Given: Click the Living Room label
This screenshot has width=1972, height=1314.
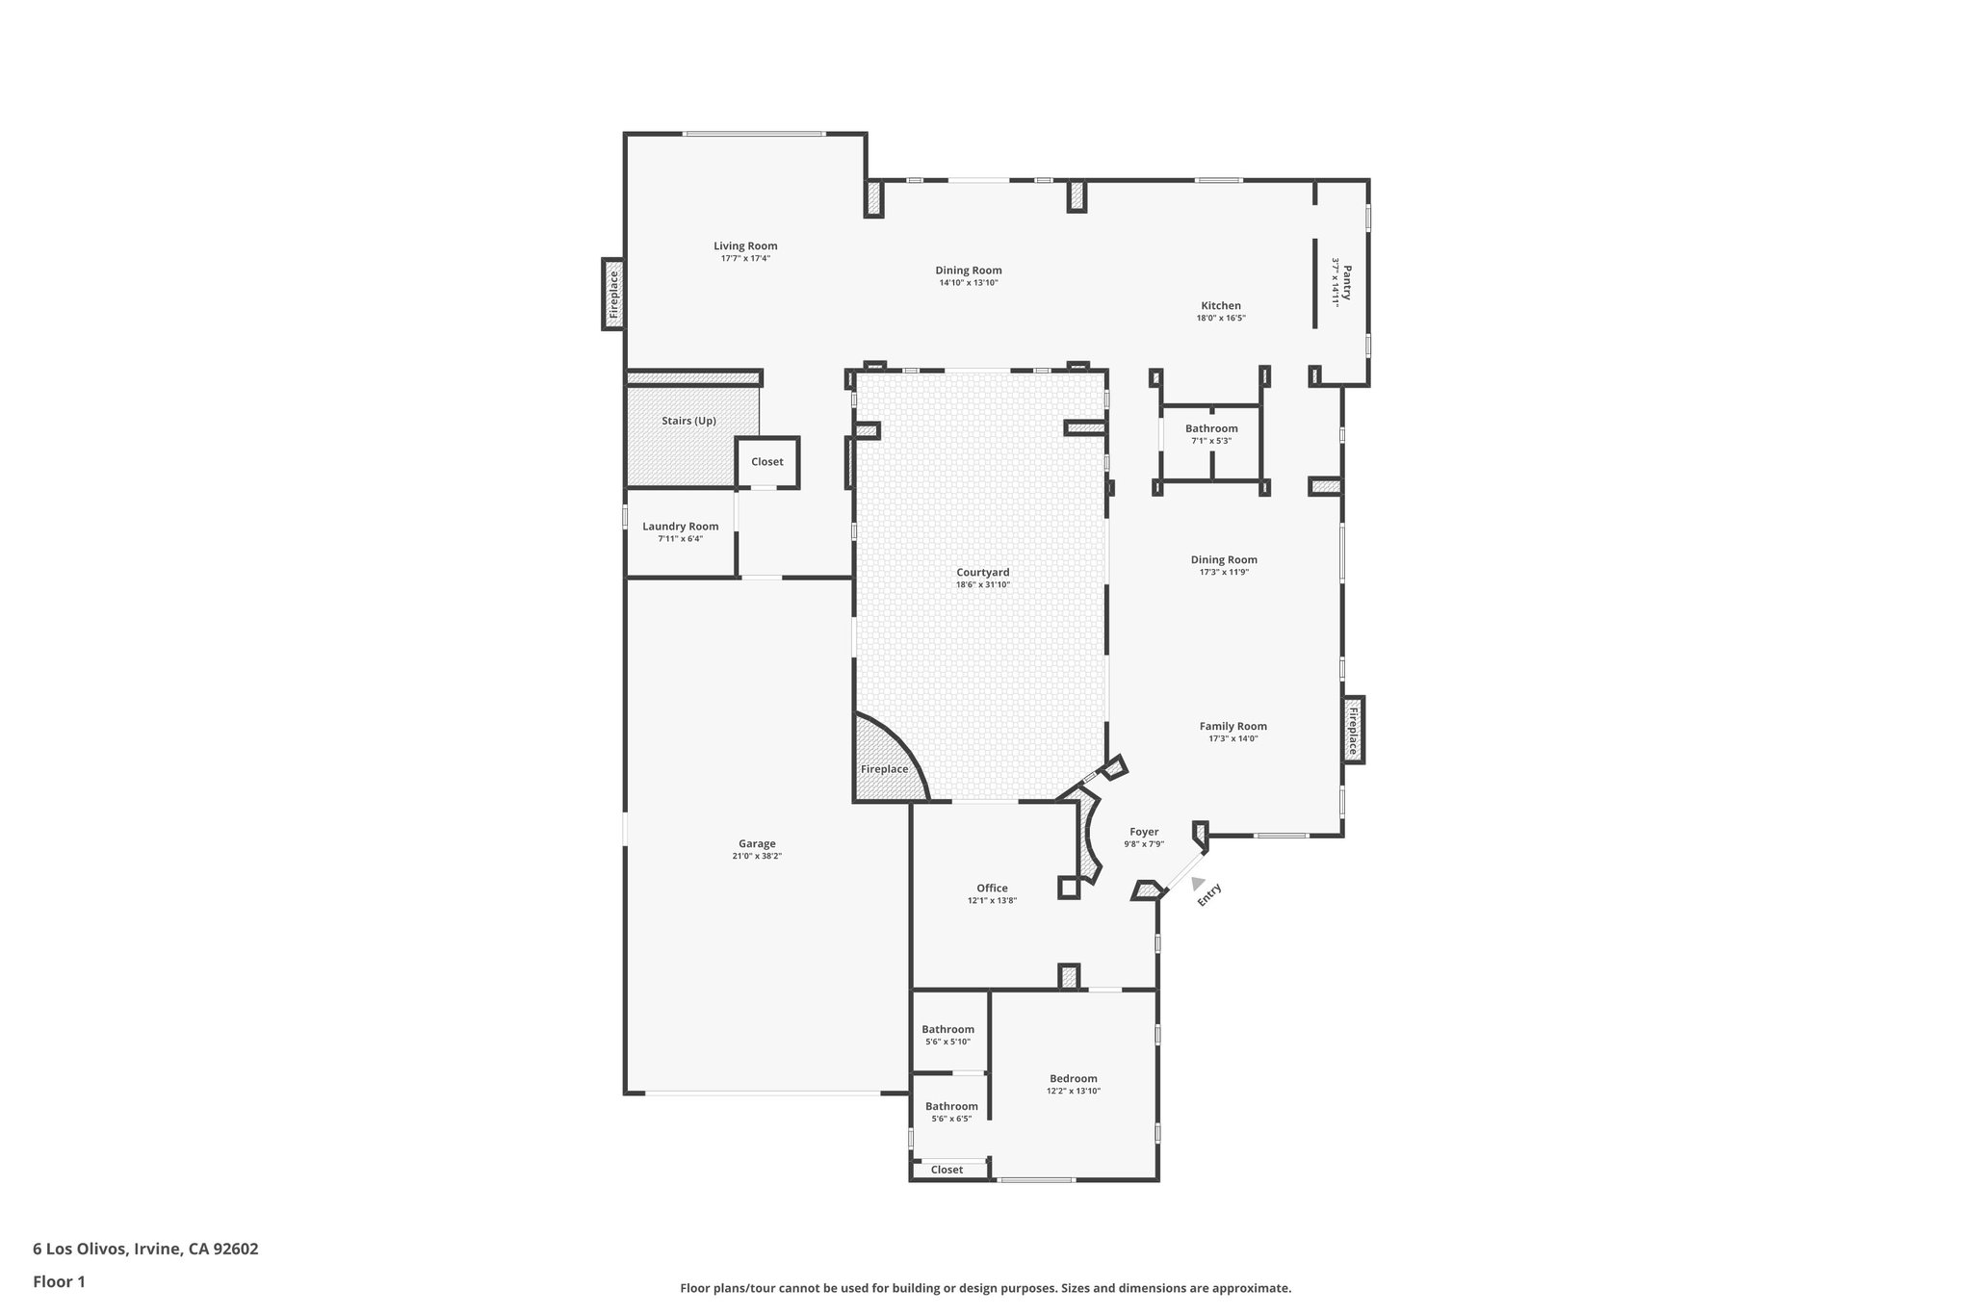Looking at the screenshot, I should pyautogui.click(x=745, y=245).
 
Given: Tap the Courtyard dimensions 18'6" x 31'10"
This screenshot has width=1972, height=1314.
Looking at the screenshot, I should pyautogui.click(x=982, y=584).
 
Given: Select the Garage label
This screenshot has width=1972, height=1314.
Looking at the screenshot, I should pyautogui.click(x=757, y=843).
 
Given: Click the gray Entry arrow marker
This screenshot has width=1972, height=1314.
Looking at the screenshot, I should pyautogui.click(x=1197, y=883).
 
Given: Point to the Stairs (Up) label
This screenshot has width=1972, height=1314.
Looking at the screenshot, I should pyautogui.click(x=688, y=421).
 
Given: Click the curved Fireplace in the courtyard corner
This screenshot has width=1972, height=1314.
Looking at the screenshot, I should pyautogui.click(x=884, y=768).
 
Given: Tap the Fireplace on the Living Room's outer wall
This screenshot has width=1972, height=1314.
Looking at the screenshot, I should pyautogui.click(x=613, y=294).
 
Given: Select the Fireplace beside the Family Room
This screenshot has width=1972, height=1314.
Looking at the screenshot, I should pyautogui.click(x=1353, y=730).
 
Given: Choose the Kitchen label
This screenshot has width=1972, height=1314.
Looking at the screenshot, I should pyautogui.click(x=1220, y=305).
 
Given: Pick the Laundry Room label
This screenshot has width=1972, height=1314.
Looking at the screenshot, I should pyautogui.click(x=681, y=526).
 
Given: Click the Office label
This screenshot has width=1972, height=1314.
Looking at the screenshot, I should pyautogui.click(x=992, y=888).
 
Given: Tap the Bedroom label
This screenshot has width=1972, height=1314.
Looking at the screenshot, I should pyautogui.click(x=1073, y=1078).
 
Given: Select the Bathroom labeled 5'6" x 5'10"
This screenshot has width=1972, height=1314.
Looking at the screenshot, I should pyautogui.click(x=947, y=1029).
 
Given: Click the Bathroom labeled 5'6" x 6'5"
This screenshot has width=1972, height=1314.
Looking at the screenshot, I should pyautogui.click(x=951, y=1106).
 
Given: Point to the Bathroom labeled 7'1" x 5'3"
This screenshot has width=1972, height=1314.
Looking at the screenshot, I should pyautogui.click(x=1211, y=428).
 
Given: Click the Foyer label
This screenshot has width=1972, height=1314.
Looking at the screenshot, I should pyautogui.click(x=1144, y=832).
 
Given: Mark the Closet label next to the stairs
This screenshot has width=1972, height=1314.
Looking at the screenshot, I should pyautogui.click(x=767, y=461).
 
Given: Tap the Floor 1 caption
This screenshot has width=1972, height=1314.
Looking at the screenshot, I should pyautogui.click(x=59, y=1281).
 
